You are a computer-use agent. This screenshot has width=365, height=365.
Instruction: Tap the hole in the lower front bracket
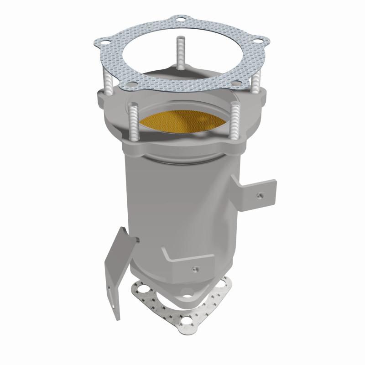point(195,268)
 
